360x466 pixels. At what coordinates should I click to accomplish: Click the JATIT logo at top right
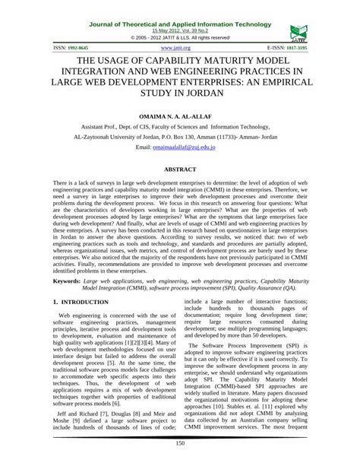pyautogui.click(x=298, y=30)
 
